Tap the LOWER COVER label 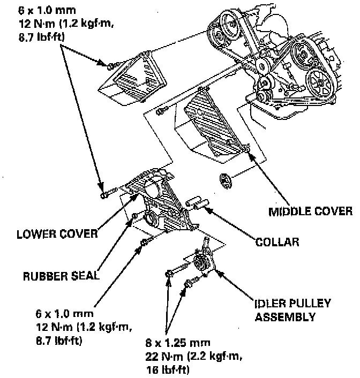point(57,233)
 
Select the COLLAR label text point(276,241)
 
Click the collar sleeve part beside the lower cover point(197,203)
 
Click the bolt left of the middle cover point(159,111)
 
